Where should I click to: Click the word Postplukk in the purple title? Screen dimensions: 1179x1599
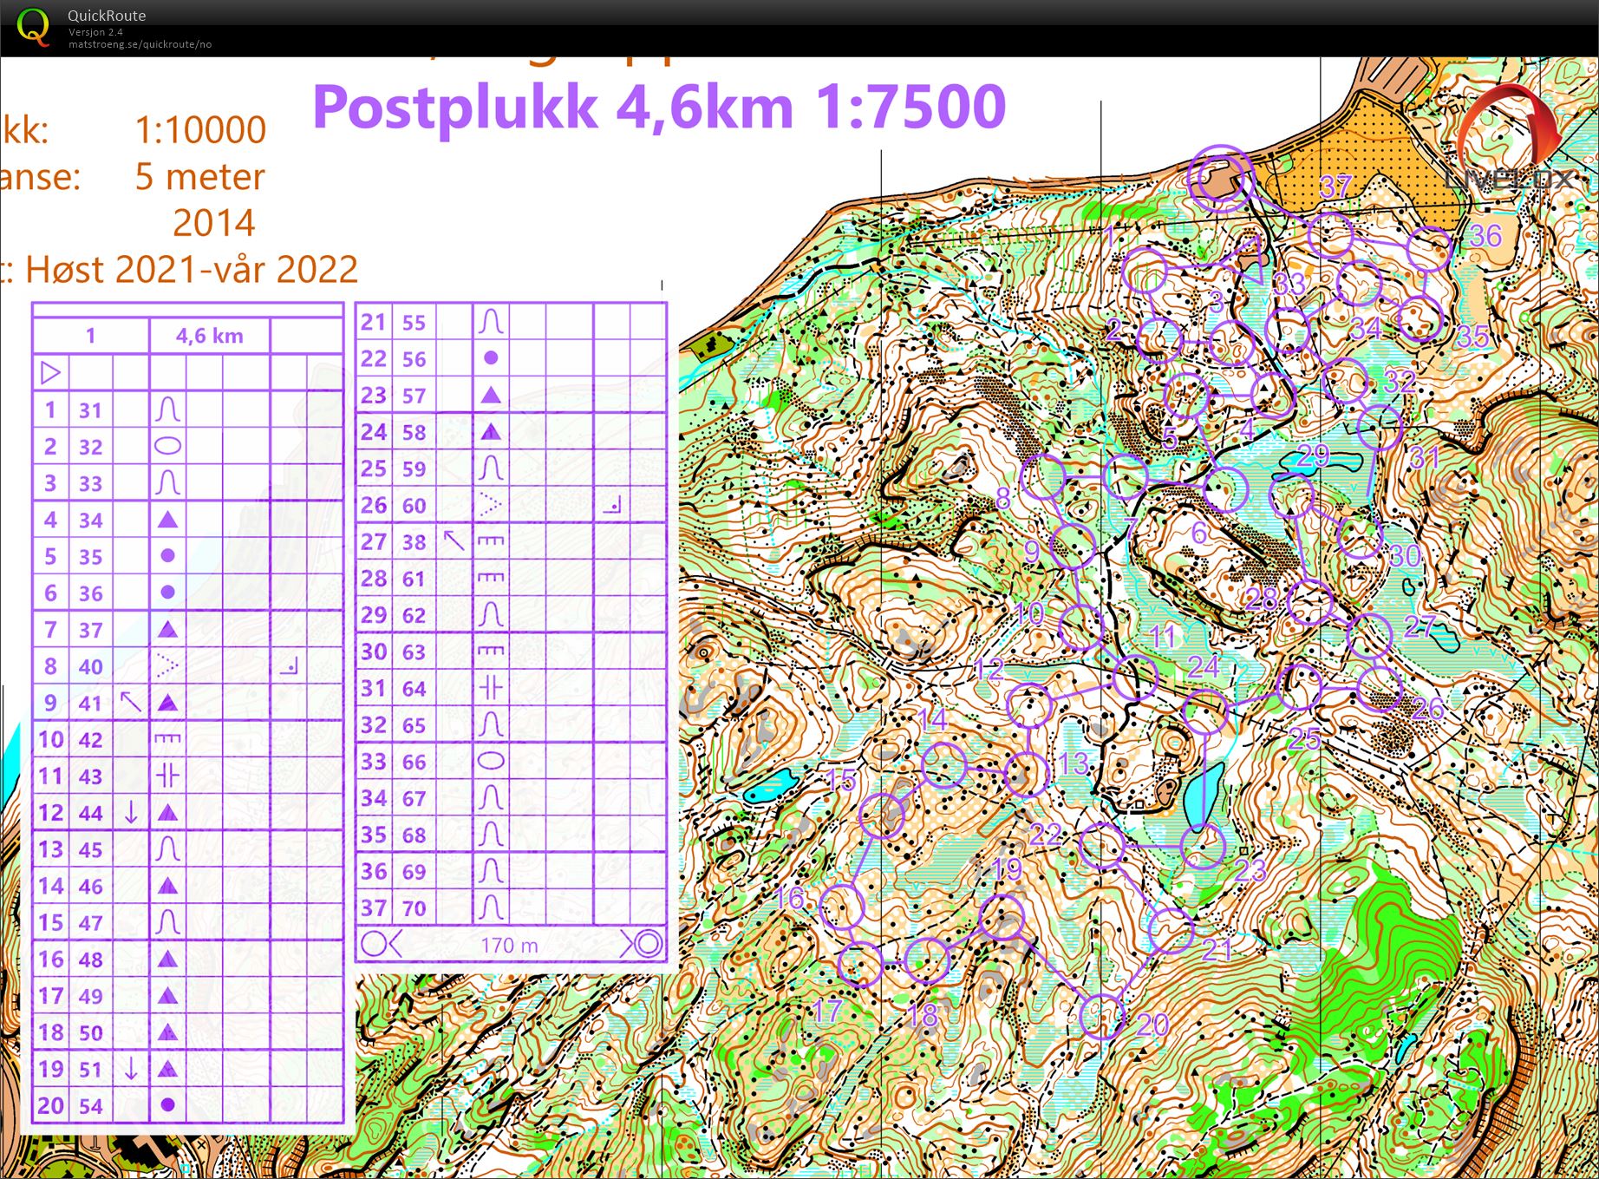pos(455,108)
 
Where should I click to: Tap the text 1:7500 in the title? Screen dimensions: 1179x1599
pos(910,107)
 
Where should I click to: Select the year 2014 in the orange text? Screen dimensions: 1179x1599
pos(213,223)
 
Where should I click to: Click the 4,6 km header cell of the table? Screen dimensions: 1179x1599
pos(210,336)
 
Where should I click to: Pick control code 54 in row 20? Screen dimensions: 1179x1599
pos(90,1106)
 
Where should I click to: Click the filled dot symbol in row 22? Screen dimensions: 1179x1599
pos(491,357)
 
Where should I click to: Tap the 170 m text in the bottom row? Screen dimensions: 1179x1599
pos(510,945)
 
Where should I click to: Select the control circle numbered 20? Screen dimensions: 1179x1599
pos(1102,1016)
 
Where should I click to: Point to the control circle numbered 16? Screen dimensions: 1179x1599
pos(841,907)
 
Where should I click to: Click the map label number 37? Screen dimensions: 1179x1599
pos(1335,185)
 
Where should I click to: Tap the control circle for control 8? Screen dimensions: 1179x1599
pos(1043,477)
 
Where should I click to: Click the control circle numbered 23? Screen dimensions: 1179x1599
pos(1204,846)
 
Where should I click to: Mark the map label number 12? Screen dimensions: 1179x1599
pos(989,669)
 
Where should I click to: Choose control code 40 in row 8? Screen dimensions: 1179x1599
pos(90,666)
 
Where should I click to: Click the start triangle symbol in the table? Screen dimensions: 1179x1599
pos(50,373)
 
